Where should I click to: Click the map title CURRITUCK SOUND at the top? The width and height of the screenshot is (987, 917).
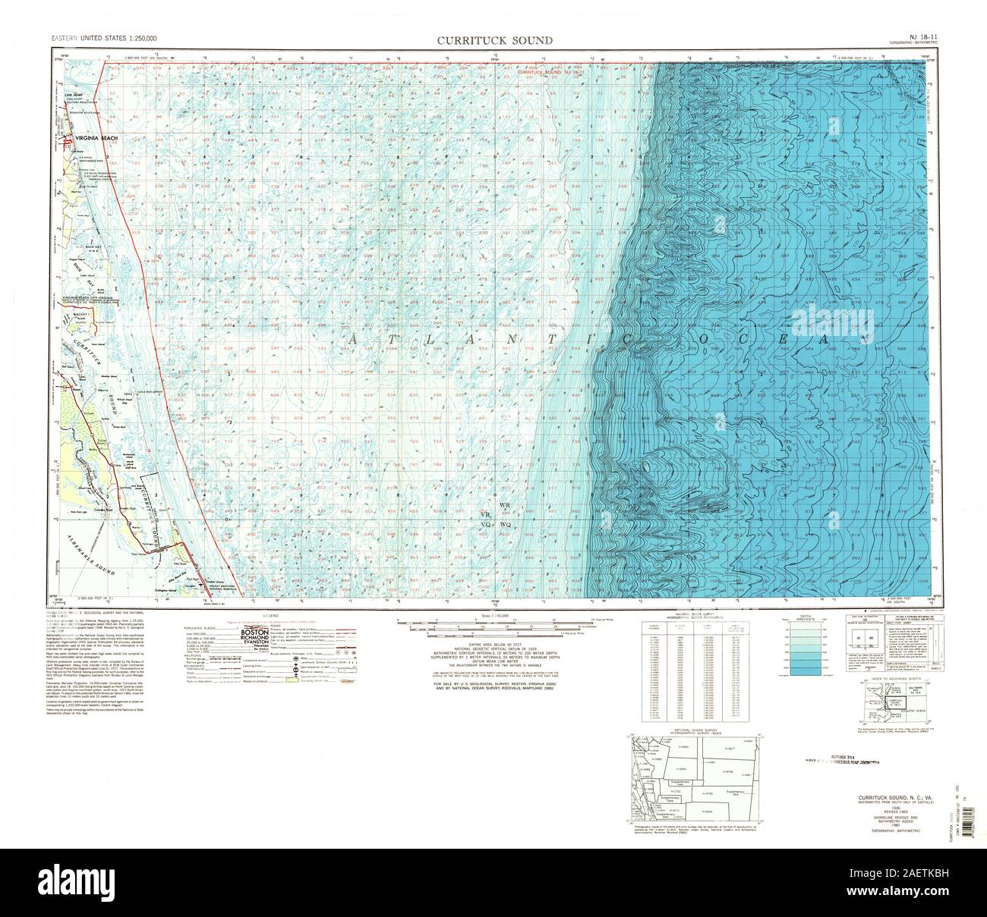tap(493, 40)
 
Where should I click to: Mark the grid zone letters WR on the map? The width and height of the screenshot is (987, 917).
tap(504, 505)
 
